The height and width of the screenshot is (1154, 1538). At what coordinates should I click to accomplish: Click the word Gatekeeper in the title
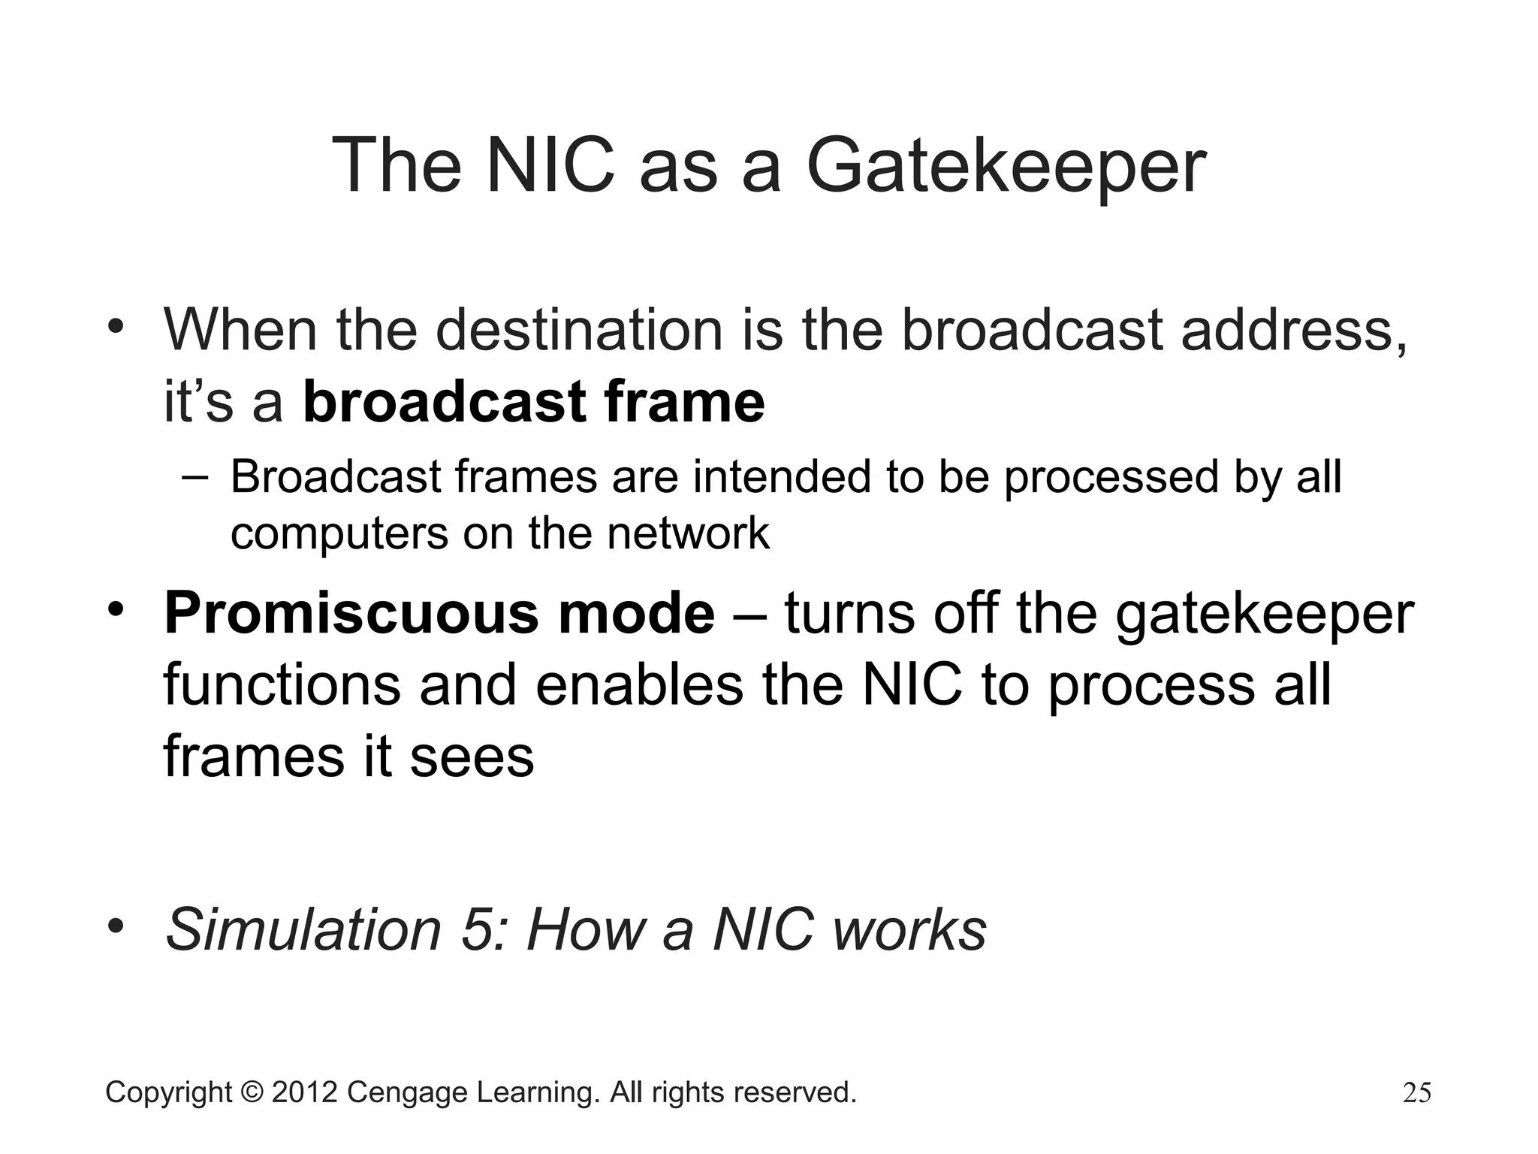(1006, 167)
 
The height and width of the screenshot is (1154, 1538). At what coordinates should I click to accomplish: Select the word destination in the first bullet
(579, 331)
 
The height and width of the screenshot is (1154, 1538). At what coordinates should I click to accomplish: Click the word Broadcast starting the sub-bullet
(336, 477)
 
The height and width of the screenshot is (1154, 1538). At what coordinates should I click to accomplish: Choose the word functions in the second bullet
(282, 685)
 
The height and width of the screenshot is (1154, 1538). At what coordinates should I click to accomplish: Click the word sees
(472, 757)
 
